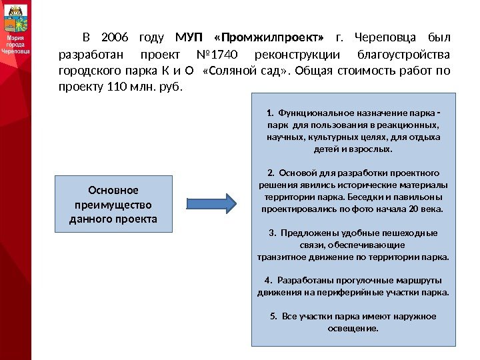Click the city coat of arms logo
point(15,19)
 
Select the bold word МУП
point(187,36)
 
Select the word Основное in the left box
point(113,190)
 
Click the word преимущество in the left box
point(113,204)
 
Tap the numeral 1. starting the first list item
point(269,112)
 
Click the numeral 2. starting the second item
point(270,173)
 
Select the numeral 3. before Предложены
point(272,233)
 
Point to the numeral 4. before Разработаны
point(268,280)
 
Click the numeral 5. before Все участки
point(274,316)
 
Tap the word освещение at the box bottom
point(353,328)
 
